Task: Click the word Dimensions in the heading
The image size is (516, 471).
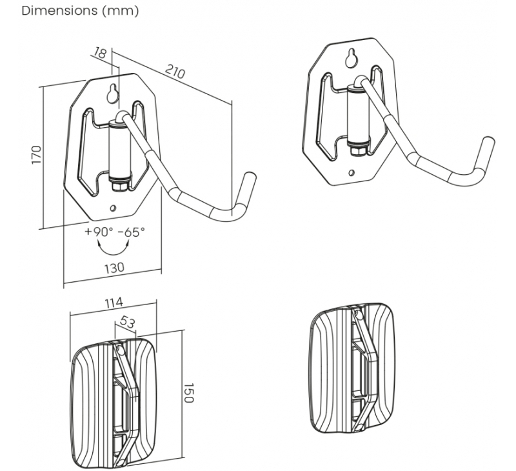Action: [59, 10]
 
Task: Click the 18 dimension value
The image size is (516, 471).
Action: [100, 53]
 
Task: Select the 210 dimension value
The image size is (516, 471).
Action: [175, 72]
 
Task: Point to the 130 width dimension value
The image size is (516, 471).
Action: [115, 268]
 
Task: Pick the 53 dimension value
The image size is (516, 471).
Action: [126, 322]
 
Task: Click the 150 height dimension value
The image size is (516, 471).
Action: [188, 393]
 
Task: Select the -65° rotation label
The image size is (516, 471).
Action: [131, 232]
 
